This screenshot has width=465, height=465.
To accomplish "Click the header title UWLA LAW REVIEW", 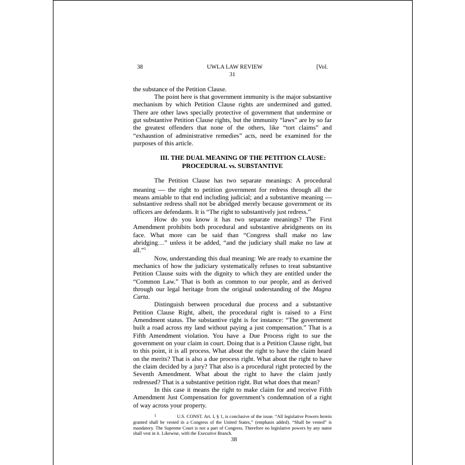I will pyautogui.click(x=231, y=66).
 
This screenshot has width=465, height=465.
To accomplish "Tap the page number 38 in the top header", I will pyautogui.click(x=139, y=66).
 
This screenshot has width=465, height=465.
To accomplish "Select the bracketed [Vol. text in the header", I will pyautogui.click(x=322, y=66).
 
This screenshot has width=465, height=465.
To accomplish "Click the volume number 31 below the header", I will pyautogui.click(x=232, y=74).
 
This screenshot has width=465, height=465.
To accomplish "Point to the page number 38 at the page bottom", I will pyautogui.click(x=234, y=439).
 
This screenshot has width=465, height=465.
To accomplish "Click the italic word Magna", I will pyautogui.click(x=323, y=289).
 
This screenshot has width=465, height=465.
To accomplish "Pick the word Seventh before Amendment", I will pyautogui.click(x=148, y=375).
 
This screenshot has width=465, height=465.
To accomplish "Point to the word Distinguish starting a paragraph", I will pyautogui.click(x=171, y=305).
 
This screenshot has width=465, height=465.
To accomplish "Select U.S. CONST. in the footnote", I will pyautogui.click(x=189, y=417).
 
